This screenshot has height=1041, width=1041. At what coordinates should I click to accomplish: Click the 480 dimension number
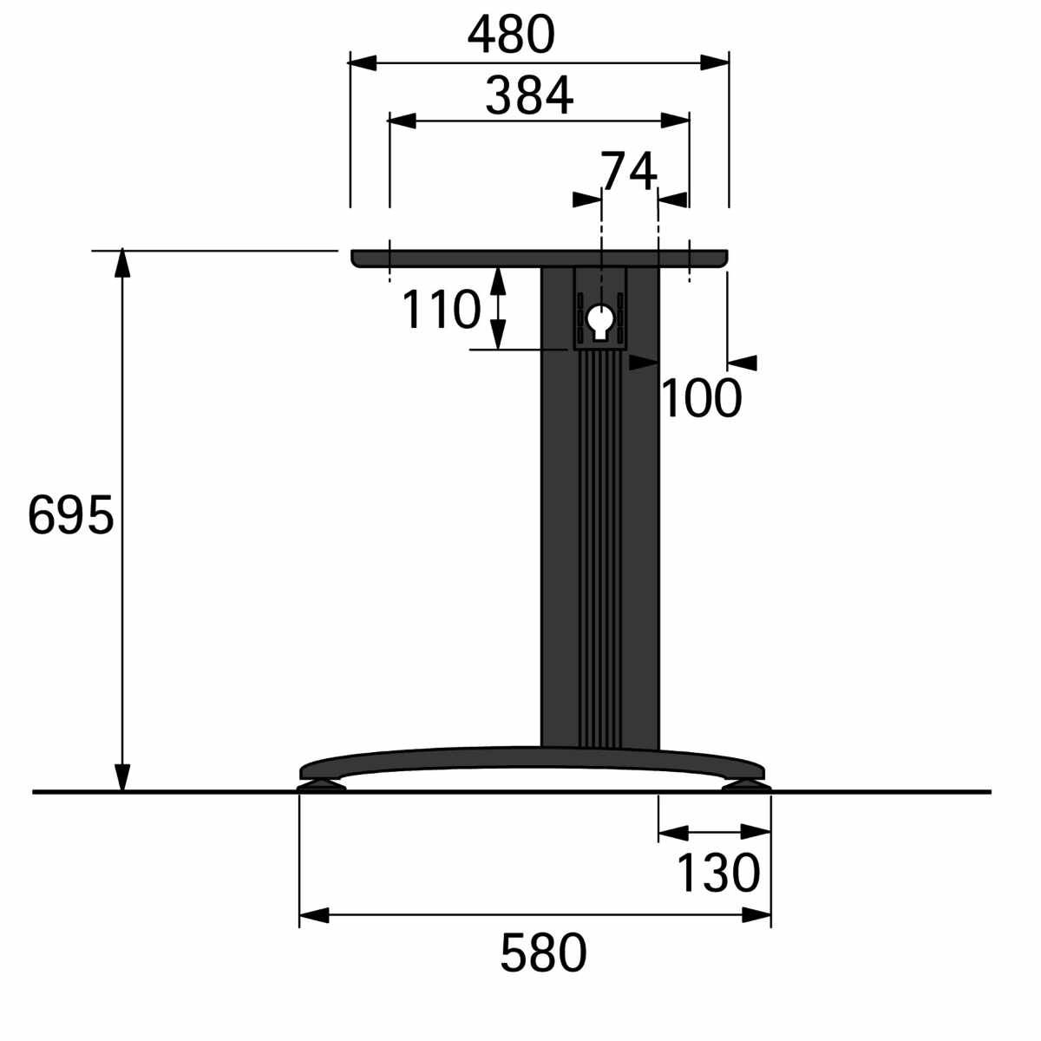click(x=510, y=35)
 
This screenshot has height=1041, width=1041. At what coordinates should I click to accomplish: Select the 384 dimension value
click(x=529, y=95)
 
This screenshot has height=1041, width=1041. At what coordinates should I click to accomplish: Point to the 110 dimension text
click(x=442, y=309)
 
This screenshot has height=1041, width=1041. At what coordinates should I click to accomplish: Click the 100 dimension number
click(x=701, y=399)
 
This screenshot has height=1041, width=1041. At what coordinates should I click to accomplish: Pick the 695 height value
click(x=71, y=514)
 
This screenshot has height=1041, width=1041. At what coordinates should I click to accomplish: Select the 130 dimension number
click(x=718, y=873)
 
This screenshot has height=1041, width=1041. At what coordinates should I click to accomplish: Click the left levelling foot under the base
click(x=322, y=786)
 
